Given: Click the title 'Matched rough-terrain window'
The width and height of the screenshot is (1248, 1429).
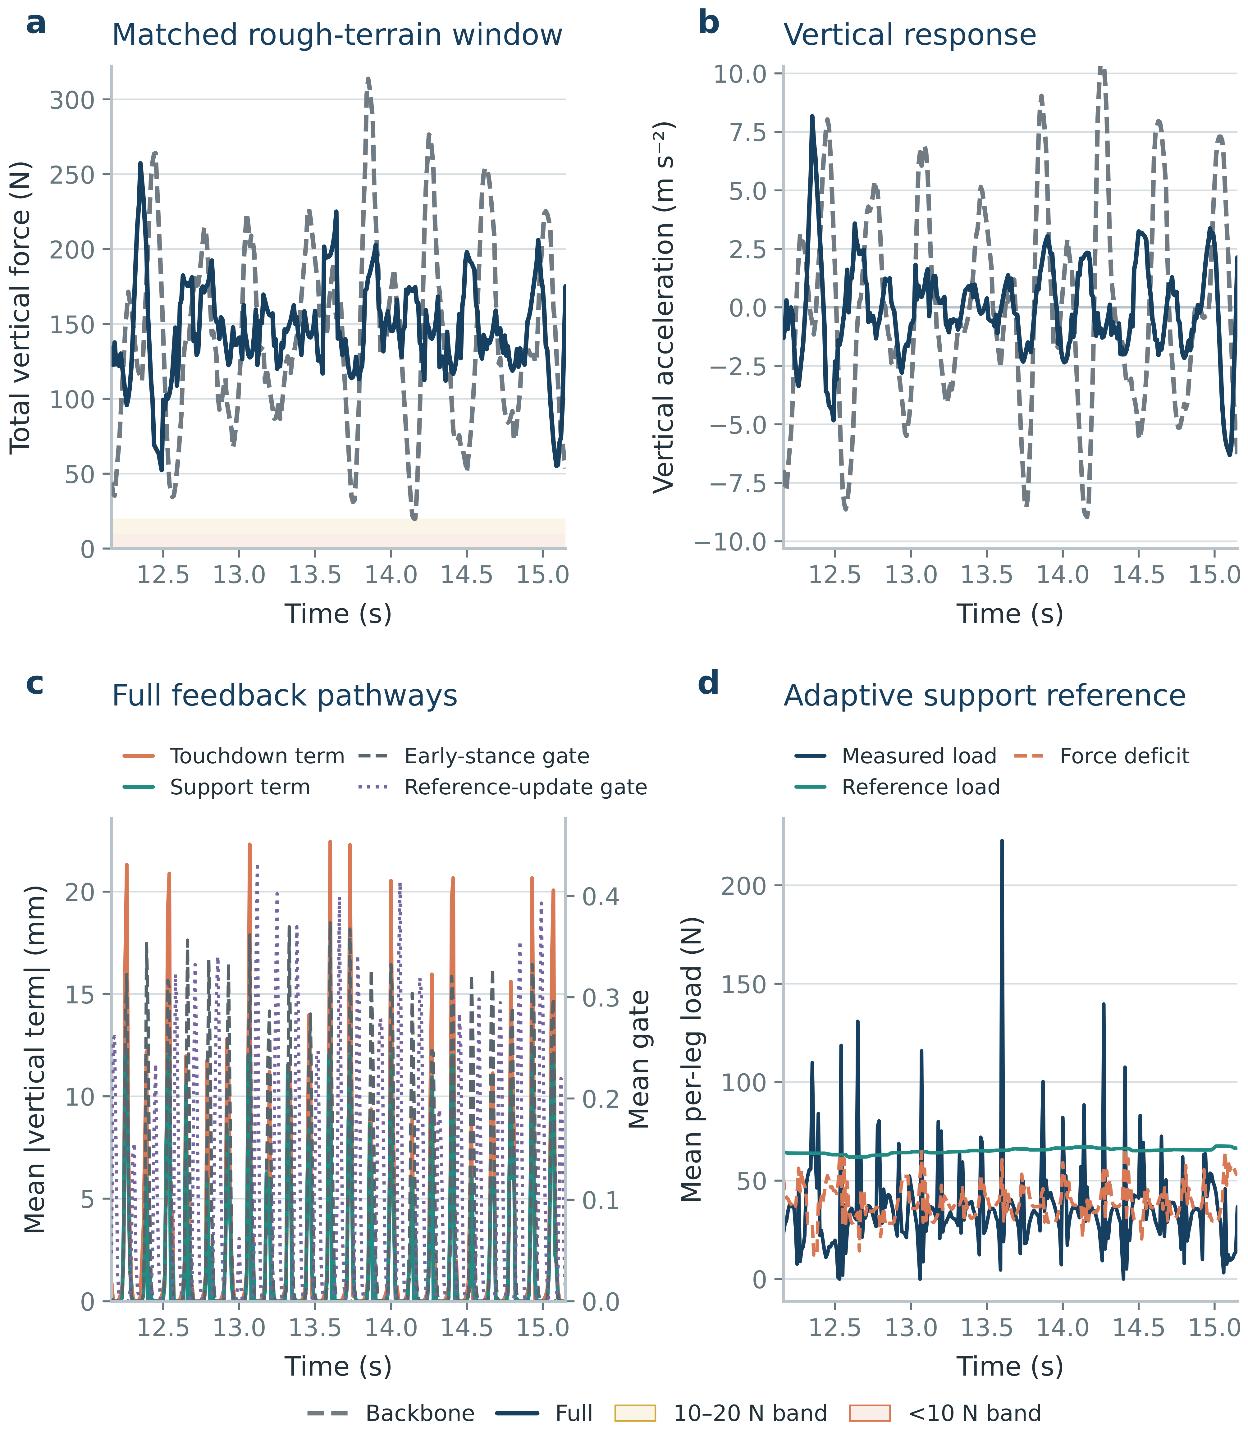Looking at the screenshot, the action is pyautogui.click(x=337, y=35).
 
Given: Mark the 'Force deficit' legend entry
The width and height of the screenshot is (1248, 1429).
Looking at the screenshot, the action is pyautogui.click(x=1102, y=756).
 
